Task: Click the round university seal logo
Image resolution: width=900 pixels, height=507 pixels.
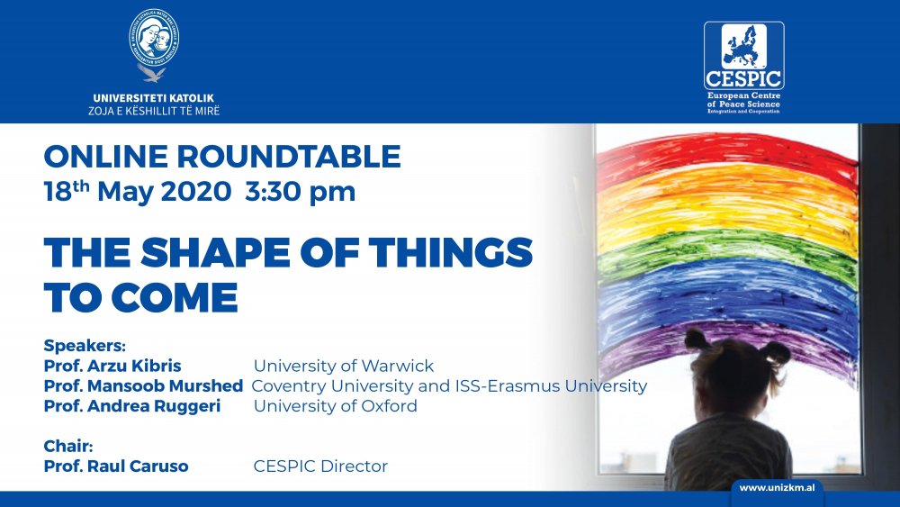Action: [154, 37]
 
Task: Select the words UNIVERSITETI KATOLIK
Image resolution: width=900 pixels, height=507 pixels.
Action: [153, 98]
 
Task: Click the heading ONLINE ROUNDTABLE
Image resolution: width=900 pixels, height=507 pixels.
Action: [222, 157]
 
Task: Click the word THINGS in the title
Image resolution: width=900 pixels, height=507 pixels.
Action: [451, 253]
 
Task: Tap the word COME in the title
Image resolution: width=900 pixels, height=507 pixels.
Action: [174, 298]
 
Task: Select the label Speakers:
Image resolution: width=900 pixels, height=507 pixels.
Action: [85, 346]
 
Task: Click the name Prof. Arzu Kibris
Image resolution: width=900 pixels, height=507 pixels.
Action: [112, 366]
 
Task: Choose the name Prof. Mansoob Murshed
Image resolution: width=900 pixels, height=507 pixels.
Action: [143, 385]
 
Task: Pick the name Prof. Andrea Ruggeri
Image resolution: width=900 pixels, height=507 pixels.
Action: [132, 406]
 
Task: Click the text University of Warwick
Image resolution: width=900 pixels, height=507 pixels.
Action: [344, 366]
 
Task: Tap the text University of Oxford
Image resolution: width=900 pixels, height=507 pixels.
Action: [335, 406]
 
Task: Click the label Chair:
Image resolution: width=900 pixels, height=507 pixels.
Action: [68, 446]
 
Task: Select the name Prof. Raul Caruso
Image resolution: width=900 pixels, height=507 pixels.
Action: [116, 466]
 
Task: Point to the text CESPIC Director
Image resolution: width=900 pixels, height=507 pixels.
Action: [320, 466]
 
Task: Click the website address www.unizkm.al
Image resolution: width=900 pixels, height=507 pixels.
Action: [777, 488]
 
